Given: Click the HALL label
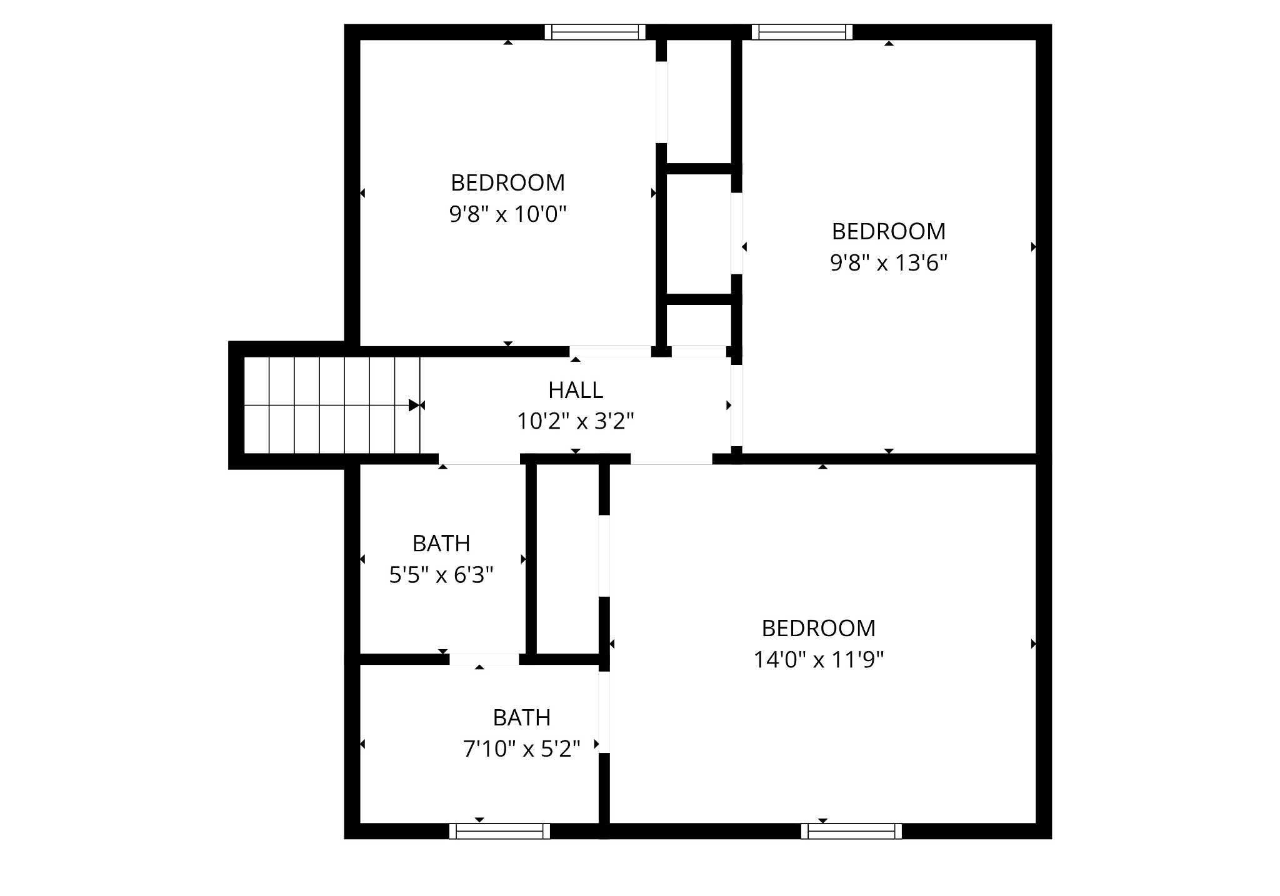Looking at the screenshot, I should point(576,391).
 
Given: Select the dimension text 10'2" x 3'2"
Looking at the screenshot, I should point(576,422).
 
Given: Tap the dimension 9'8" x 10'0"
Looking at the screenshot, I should point(507,214).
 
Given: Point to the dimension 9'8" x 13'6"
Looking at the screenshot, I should point(889,263).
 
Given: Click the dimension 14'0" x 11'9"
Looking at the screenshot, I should point(819,660).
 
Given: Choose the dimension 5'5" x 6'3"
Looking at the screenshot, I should point(441,575).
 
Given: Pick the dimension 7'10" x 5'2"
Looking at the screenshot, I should point(522,749).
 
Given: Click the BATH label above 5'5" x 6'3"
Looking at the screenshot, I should point(441,544).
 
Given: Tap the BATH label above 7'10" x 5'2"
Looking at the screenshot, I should point(522,718).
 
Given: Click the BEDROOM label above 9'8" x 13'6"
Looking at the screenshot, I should point(889,232).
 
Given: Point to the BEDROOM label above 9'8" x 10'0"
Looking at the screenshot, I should point(507,183).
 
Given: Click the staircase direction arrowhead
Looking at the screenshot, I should point(414,406).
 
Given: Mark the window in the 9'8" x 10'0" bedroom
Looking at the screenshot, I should point(595,32).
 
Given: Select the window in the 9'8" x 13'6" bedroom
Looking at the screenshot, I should point(802,32).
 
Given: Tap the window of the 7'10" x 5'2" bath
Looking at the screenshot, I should point(499,831).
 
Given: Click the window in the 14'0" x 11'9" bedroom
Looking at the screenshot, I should point(851,831).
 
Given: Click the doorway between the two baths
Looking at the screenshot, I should point(484,659).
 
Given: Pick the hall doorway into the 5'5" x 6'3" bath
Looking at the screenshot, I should point(480,460).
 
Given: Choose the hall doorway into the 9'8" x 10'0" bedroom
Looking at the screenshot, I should point(610,351).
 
